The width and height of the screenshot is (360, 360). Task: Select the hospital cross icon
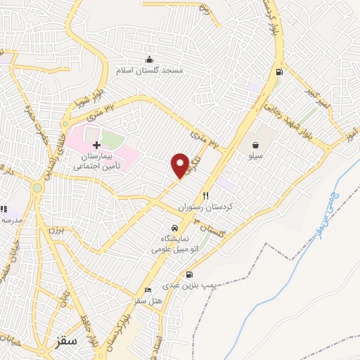(97, 144)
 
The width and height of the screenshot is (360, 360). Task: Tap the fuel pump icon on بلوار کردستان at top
(281, 72)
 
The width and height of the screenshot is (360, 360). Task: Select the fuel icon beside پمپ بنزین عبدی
(191, 275)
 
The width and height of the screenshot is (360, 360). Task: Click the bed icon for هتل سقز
(148, 290)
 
